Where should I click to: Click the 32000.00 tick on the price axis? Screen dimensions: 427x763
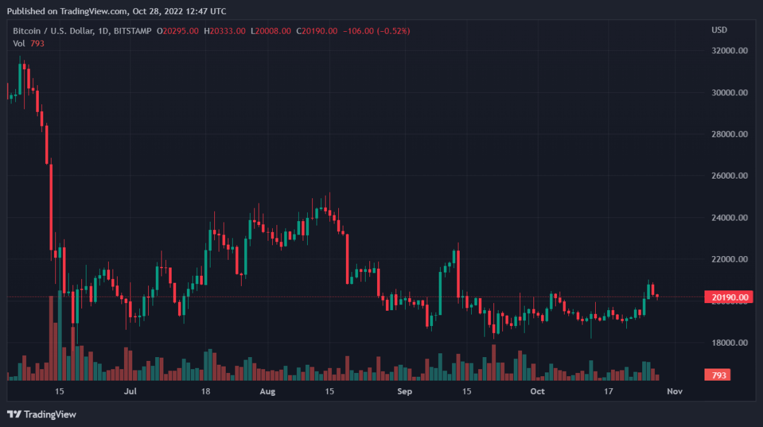click(729, 51)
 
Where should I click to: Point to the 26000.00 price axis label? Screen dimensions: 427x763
click(729, 176)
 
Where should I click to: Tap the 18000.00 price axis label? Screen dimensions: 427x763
click(729, 343)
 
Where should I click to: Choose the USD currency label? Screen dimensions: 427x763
click(719, 30)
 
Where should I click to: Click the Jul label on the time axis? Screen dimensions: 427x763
click(131, 391)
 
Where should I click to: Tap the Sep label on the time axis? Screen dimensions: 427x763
click(405, 391)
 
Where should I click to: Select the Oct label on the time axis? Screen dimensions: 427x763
click(538, 391)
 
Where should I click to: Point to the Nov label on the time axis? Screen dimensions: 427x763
click(675, 391)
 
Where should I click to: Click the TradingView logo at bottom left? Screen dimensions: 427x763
click(42, 414)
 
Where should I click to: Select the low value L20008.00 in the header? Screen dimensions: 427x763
click(271, 30)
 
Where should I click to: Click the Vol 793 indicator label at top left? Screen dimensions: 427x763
click(28, 43)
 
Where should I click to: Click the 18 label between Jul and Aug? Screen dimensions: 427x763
click(206, 391)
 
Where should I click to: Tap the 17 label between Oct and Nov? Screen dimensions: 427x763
click(608, 391)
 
